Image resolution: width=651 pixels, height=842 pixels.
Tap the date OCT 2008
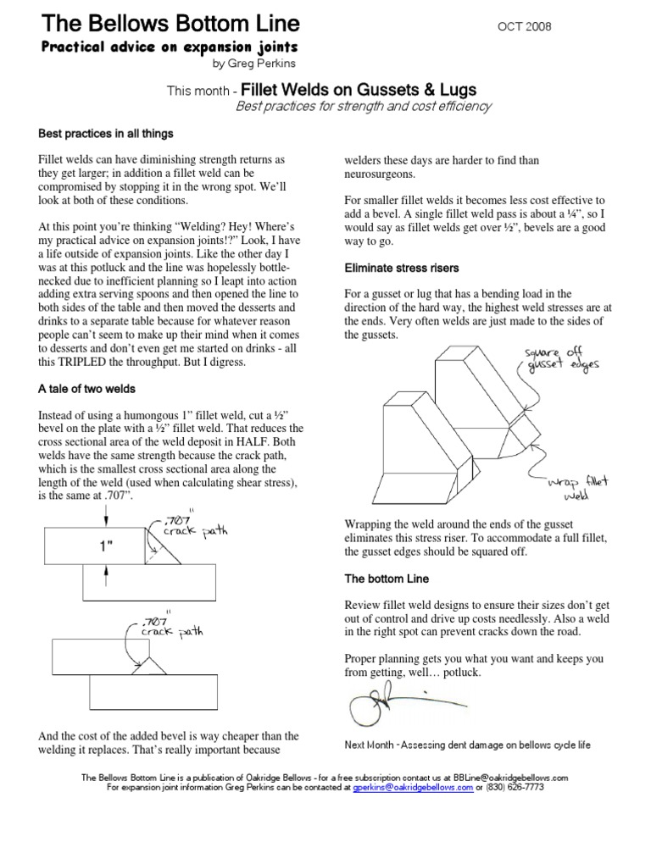click(523, 26)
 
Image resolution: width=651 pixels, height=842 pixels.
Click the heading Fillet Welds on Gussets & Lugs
click(359, 90)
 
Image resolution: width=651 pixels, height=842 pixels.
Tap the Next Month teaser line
click(467, 745)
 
